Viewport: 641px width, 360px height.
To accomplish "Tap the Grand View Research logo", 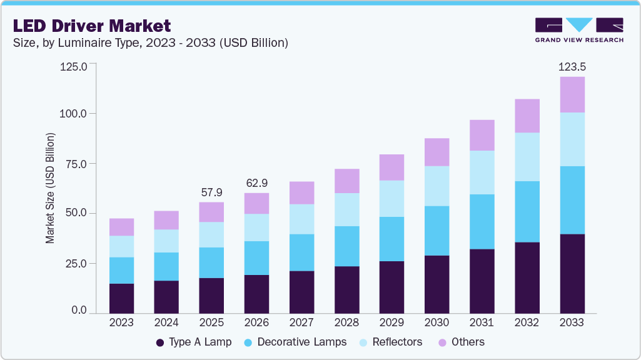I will coord(579,30).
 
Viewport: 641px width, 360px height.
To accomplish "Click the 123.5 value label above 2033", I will coord(572,66).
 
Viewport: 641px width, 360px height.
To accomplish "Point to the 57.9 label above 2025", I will coord(211,192).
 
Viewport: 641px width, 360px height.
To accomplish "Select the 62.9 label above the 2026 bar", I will coord(256,183).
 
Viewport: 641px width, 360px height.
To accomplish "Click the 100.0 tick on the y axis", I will coord(74,114).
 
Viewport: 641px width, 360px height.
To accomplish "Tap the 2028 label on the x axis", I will coord(346,323).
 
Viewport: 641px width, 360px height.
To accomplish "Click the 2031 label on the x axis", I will coord(482,323).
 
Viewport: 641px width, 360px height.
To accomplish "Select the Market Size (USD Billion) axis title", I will coord(49,188).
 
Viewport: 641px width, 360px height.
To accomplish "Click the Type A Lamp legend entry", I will coord(193,342).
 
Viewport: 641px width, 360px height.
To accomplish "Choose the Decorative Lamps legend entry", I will coord(295,342).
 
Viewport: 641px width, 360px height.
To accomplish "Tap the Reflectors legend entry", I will coord(390,342).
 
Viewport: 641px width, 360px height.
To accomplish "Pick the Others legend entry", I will coord(462,342).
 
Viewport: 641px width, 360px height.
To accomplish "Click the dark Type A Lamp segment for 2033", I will coord(572,274).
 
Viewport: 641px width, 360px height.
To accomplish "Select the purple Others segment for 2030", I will coord(437,152).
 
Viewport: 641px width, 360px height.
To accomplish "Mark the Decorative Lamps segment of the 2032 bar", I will coord(527,211).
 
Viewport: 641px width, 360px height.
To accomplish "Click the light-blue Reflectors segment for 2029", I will coord(391,199).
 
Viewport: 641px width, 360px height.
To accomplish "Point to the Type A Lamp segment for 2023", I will coord(121,298).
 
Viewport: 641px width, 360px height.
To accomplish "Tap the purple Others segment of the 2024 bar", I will coord(166,220).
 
